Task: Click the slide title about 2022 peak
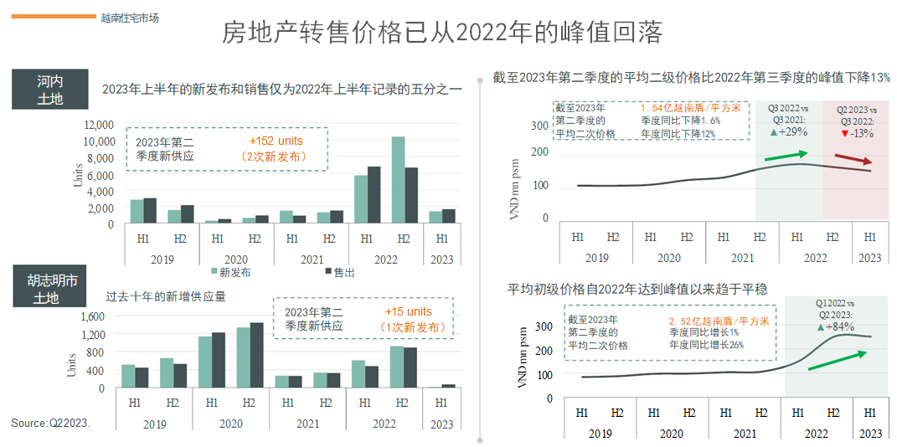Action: click(442, 33)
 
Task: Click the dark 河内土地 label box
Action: click(49, 90)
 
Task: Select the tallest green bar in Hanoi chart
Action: click(398, 180)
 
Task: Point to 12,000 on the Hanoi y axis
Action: click(99, 125)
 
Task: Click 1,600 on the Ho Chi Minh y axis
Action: click(93, 316)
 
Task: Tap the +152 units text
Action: click(276, 141)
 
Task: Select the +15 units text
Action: click(409, 312)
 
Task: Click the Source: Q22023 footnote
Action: click(50, 424)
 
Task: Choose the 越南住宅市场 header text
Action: click(129, 17)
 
